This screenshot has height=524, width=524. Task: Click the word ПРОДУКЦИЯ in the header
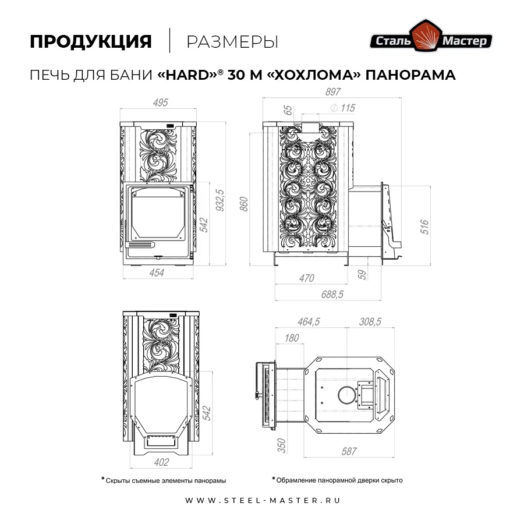pos(91,42)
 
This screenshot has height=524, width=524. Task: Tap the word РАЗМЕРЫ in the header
pos(232,42)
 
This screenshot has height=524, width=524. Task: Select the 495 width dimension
pos(160,102)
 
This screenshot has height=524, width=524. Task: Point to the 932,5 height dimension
pos(220,200)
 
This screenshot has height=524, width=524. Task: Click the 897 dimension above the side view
pos(333,91)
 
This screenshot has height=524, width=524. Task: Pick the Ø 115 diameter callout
pos(342,108)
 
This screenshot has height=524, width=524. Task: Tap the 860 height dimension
pos(244,204)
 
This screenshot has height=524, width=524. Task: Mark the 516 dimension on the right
pos(424,227)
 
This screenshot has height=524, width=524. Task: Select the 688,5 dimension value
pos(332,295)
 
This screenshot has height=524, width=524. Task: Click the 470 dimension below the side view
pos(306,278)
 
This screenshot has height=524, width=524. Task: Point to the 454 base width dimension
pos(157,272)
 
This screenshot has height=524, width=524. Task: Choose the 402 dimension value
pos(161,462)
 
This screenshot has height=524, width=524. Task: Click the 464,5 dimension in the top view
pos(309,321)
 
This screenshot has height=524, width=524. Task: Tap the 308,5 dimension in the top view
pos(370,321)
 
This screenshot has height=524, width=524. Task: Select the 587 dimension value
pos(349,451)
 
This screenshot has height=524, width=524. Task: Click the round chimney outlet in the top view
pos(347,395)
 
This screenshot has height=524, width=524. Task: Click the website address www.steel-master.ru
pos(263,500)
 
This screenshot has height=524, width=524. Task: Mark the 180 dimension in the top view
pos(292,338)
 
